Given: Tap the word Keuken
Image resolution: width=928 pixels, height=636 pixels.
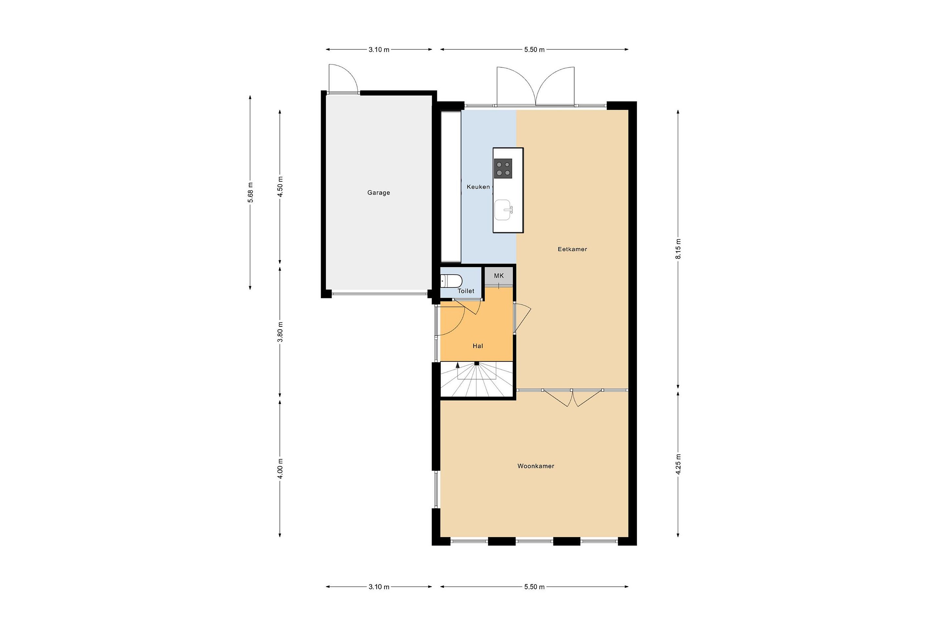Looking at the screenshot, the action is (x=478, y=187).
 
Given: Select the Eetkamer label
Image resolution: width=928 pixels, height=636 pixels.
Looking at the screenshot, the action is (x=572, y=249).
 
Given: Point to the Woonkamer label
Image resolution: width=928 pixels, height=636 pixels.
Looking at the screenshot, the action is (x=536, y=466).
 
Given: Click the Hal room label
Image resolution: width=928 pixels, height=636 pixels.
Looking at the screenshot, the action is (x=478, y=346).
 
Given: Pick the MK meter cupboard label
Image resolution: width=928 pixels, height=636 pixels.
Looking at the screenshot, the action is (x=499, y=276).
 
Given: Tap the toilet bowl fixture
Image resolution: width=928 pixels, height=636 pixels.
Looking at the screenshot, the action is (x=451, y=281).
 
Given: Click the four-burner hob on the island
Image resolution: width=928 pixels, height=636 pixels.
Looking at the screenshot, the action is (x=503, y=169).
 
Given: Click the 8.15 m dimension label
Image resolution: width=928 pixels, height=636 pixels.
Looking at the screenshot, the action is (x=678, y=249).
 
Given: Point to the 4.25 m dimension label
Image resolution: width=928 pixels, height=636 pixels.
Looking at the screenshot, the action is (x=678, y=464).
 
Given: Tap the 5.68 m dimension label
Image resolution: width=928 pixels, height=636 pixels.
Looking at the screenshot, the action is (x=250, y=192).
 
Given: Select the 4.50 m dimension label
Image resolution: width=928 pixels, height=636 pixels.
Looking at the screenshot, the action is (x=280, y=187).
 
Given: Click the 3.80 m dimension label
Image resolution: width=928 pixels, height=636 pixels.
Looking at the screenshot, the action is (x=280, y=332).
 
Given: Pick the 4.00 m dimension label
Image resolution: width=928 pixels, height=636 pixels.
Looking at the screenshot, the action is (x=280, y=469).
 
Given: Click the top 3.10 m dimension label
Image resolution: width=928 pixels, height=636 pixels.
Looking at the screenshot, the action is (x=379, y=50).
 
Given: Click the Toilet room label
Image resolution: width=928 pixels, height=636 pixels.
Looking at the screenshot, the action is (x=466, y=291).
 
